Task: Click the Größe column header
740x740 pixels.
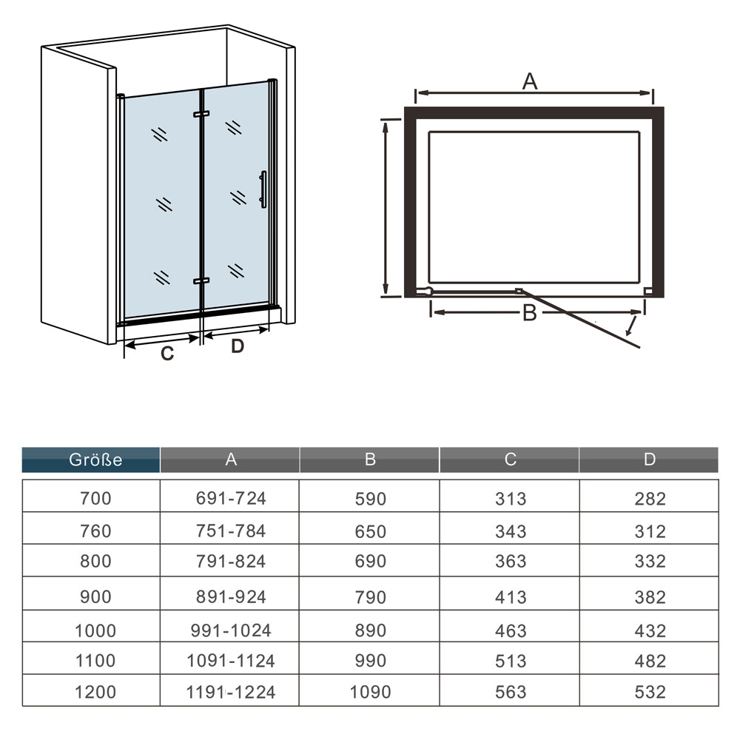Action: (x=95, y=460)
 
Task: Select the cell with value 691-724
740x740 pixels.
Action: (x=231, y=498)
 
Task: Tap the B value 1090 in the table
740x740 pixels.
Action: (x=370, y=692)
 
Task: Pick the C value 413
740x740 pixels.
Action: (x=510, y=597)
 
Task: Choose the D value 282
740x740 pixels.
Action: (x=650, y=499)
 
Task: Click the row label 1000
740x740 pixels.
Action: (x=95, y=630)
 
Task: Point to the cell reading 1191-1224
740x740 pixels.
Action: (x=231, y=692)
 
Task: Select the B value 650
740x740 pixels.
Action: (x=371, y=531)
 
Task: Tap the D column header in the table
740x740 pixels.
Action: (x=650, y=460)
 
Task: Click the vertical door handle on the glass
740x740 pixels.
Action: (x=263, y=189)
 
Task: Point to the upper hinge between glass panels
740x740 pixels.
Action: (x=201, y=114)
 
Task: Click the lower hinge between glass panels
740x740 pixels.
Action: (x=201, y=280)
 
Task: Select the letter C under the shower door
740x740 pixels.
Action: (x=167, y=354)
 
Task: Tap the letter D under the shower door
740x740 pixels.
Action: (x=238, y=346)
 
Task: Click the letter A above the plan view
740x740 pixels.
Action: (x=530, y=81)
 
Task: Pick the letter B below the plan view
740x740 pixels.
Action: (x=530, y=313)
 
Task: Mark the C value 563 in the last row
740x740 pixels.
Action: (x=510, y=692)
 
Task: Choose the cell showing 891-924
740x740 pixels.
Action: (x=231, y=597)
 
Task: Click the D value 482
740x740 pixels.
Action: (x=650, y=661)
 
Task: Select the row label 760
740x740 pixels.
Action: (x=95, y=531)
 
